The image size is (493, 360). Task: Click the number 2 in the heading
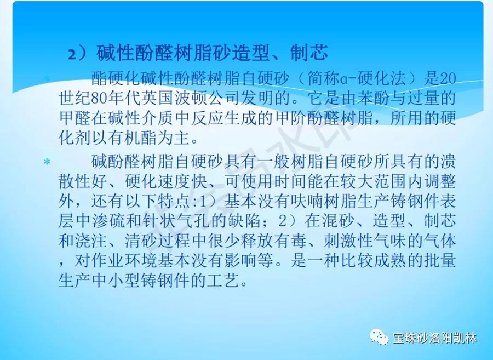coord(72,54)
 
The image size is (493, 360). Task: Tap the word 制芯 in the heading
coord(309,52)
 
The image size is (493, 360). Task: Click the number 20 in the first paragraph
coord(448,78)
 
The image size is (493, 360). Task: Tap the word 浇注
coord(91,241)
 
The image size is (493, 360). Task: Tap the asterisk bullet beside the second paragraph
coord(47,163)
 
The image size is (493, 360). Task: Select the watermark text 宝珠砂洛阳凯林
coord(435,338)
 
